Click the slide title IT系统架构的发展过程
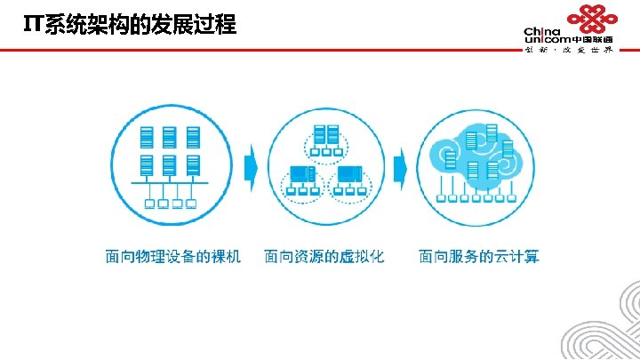point(130,25)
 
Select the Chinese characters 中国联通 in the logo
point(593,40)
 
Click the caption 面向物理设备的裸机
point(172,257)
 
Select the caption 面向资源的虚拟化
point(324,257)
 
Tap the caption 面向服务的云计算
point(479,257)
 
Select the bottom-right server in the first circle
point(192,166)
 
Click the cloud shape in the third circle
point(478,153)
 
